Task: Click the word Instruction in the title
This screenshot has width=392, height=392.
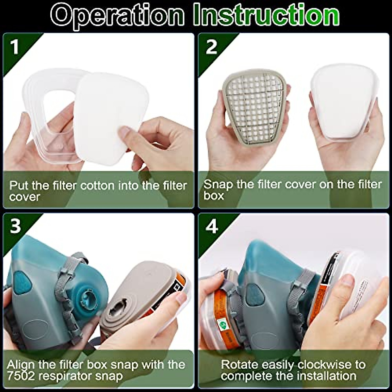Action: pos(266,15)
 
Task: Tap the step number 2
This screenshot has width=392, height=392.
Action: pos(211,47)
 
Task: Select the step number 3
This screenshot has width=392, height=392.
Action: pos(15,226)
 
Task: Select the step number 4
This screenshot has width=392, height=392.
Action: pos(212,226)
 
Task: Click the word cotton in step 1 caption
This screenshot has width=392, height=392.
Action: pos(98,186)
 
